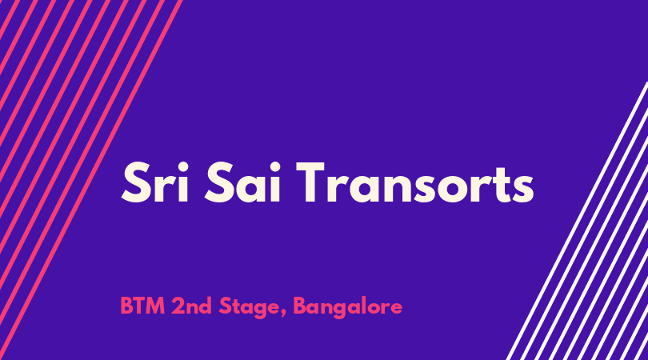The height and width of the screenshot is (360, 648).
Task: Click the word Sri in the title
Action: tap(155, 182)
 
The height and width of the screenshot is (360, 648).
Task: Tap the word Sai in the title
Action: tap(242, 182)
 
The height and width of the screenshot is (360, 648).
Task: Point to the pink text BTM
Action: tap(142, 306)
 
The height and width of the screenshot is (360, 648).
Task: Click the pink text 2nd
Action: tap(192, 306)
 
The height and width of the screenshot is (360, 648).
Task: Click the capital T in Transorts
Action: tap(314, 182)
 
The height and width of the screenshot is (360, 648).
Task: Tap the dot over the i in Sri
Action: tap(184, 166)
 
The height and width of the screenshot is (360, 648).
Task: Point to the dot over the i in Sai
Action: tap(275, 166)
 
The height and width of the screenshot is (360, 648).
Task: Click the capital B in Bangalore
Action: tap(300, 306)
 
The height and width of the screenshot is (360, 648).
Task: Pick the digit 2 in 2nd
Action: tap(178, 306)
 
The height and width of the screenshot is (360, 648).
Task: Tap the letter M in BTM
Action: tap(155, 306)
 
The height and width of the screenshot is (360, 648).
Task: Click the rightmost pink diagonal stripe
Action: tap(90, 180)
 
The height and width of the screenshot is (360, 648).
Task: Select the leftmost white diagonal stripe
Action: tap(578, 221)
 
